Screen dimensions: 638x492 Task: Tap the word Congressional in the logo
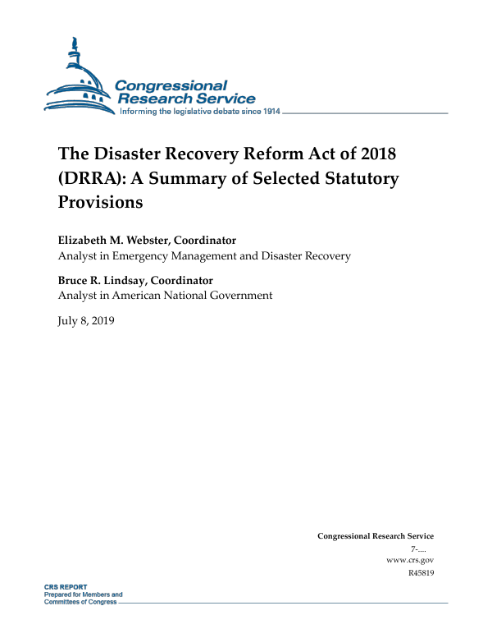[x=171, y=85]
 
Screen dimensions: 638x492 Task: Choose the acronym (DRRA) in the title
[x=89, y=177]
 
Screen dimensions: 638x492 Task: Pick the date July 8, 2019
[x=86, y=320]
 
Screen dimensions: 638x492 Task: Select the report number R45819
[x=420, y=572]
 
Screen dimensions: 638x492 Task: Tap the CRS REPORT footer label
[x=66, y=588]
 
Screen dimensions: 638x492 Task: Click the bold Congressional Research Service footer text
[x=375, y=536]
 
